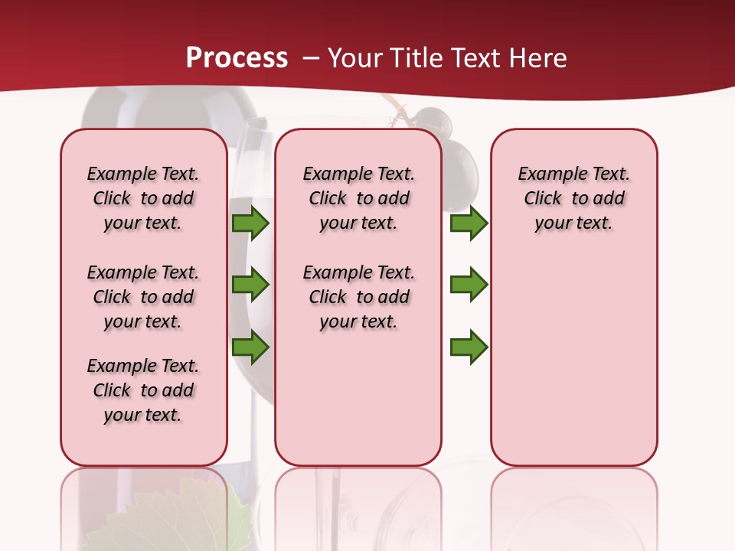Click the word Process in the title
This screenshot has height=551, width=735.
coord(237,58)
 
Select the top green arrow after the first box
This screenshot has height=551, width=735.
coord(250,223)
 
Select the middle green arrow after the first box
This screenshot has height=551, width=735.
coord(250,285)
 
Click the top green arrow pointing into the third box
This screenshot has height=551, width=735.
coord(469,223)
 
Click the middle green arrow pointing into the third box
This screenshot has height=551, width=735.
coord(469,285)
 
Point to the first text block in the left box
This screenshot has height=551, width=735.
coord(143,198)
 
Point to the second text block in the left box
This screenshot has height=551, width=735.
coord(143,297)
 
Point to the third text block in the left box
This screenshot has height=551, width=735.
coord(143,390)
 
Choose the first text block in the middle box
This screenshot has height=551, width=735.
coord(358,198)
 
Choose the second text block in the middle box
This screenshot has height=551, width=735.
coord(358,297)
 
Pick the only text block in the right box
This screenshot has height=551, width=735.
coord(573,198)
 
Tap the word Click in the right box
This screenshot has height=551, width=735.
coord(543,198)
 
